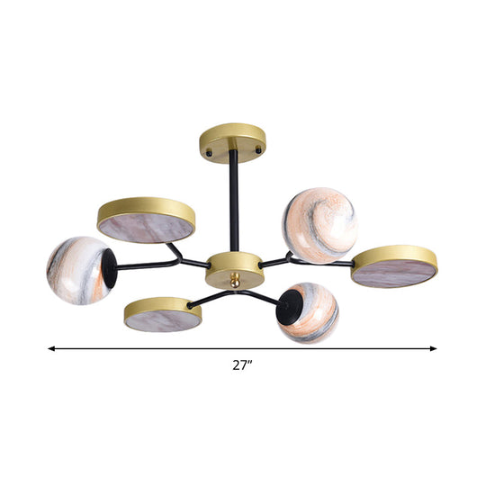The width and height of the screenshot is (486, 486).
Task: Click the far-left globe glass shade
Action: (79, 270)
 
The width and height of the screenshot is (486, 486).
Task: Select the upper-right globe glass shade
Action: (319, 225)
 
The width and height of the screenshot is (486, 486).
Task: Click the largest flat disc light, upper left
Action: (146, 220)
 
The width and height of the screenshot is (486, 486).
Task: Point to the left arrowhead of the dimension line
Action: (53, 346)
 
